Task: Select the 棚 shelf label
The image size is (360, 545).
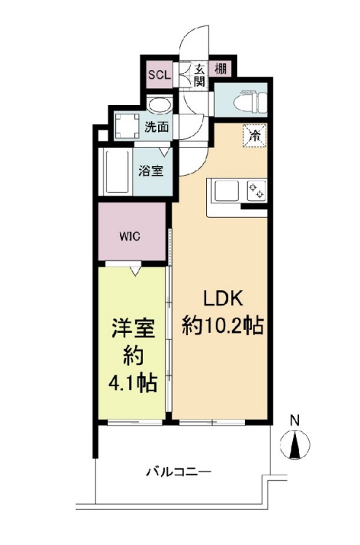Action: (x=219, y=71)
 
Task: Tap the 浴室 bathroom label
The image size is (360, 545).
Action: (x=151, y=172)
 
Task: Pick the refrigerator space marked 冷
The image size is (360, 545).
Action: (x=254, y=136)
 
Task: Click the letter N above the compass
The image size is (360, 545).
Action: (x=295, y=420)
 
